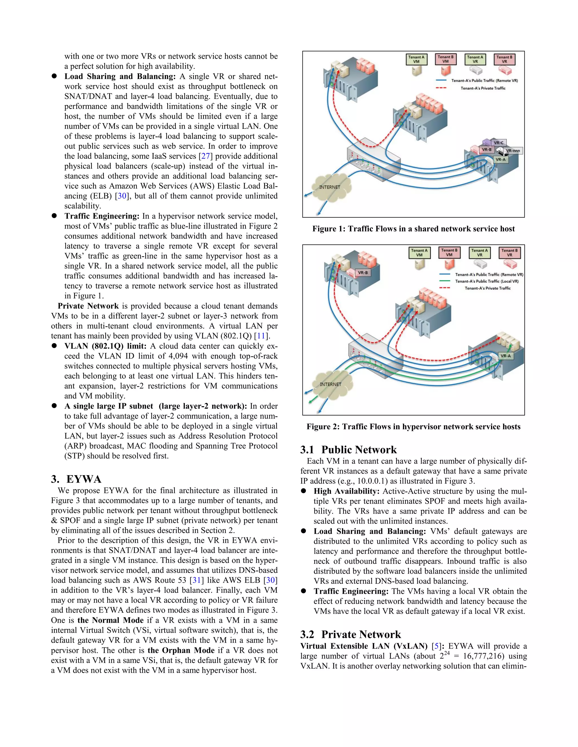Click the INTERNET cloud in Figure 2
pos(331,384)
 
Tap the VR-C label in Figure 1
pos(498,143)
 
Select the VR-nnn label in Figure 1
pos(513,151)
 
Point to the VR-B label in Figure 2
pos(363,273)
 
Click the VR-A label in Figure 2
pos(505,356)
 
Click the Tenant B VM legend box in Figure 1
pos(445,59)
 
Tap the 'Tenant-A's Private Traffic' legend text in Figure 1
pos(483,88)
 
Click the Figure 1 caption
pos(413,229)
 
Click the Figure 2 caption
pos(413,426)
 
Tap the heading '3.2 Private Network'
pos(350,635)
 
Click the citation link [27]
pos(205,156)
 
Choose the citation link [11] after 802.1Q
pos(261,336)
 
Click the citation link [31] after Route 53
pos(196,580)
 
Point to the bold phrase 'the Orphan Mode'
pos(181,650)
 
